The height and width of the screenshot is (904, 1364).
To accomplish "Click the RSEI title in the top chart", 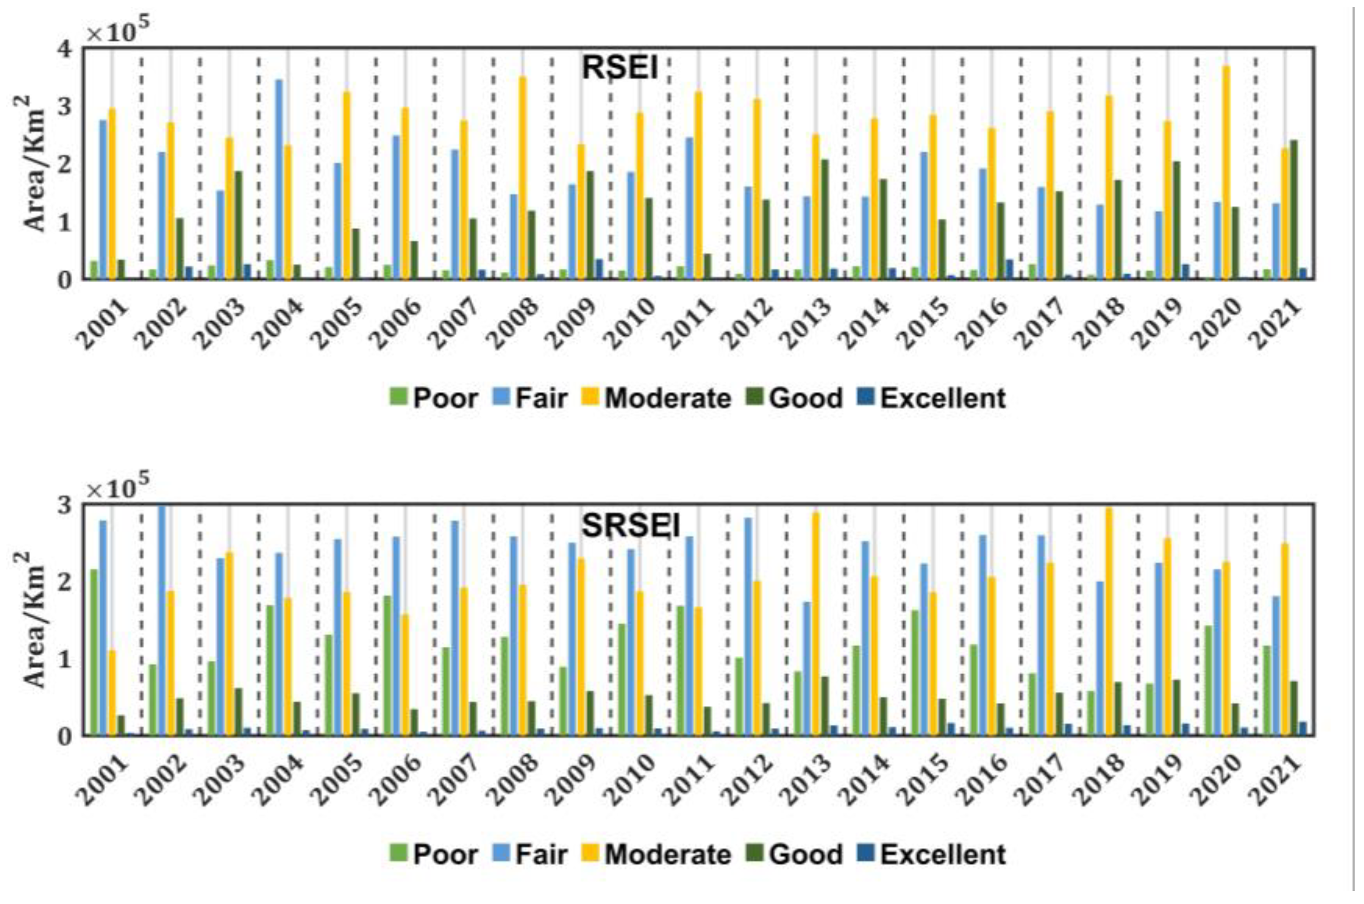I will coord(620,68).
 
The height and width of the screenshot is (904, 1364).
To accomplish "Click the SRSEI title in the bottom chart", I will coord(631,526).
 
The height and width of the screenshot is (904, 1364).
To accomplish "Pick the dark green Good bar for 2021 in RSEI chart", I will coord(1294,211).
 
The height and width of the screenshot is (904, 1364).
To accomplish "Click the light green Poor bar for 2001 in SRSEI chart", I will coord(94,651).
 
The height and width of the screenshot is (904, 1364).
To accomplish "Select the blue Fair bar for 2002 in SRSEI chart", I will coord(162,620).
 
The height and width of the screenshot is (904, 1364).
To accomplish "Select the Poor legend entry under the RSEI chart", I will coord(434,398).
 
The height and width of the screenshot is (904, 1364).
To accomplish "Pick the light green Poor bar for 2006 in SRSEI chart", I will coord(387,665).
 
